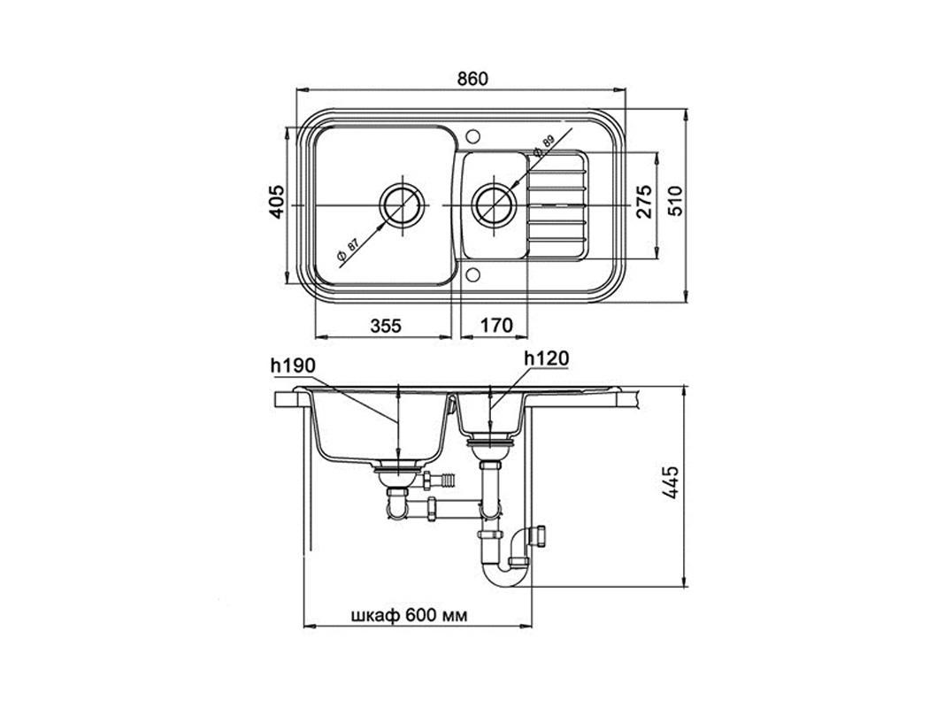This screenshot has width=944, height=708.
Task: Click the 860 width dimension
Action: [472, 79]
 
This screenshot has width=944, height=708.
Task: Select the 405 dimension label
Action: [276, 202]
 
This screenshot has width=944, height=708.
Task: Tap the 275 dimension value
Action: [643, 202]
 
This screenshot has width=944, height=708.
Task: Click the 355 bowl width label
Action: [386, 326]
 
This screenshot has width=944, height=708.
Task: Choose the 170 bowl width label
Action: [496, 326]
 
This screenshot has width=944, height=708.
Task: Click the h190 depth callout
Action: [293, 365]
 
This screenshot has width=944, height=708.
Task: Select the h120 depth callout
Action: [546, 358]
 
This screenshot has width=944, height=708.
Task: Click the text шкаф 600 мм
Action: [408, 615]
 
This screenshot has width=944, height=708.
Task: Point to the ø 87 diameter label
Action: [348, 251]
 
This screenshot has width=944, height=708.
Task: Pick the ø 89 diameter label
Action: [542, 146]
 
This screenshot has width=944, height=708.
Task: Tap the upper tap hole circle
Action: [472, 135]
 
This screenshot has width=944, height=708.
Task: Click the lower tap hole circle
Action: [472, 274]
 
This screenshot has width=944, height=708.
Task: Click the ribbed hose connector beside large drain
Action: [447, 481]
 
